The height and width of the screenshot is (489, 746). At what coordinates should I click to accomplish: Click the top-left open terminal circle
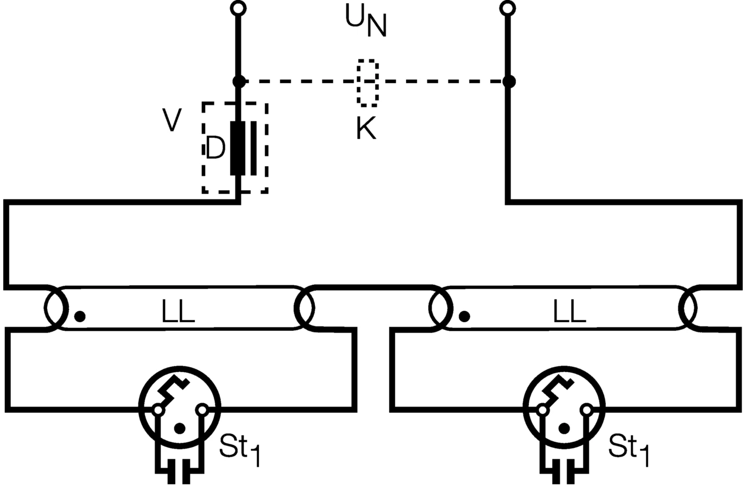click(x=238, y=8)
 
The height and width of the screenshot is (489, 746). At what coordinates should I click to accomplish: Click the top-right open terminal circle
click(x=508, y=8)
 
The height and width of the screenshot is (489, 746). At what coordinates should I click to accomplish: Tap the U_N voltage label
click(x=366, y=21)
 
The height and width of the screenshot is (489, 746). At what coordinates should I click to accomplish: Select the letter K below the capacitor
click(x=366, y=129)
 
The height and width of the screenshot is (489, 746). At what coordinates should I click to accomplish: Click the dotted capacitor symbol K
click(x=368, y=82)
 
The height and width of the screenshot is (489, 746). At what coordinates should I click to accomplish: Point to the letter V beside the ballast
click(x=172, y=120)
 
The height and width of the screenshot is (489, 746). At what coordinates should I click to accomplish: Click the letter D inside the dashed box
click(x=215, y=148)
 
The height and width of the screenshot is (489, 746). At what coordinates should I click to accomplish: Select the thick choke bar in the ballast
click(x=237, y=148)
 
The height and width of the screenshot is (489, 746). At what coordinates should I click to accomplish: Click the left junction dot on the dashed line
click(x=238, y=82)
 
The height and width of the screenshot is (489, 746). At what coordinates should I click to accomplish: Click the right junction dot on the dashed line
click(x=508, y=82)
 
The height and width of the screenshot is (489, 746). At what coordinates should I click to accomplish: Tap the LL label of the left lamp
click(x=178, y=312)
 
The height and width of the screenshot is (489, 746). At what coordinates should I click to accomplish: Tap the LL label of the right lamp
click(x=569, y=312)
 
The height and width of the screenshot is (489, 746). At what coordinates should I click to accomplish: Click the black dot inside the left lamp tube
click(x=80, y=316)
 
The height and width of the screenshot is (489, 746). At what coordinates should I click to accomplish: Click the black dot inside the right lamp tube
click(x=464, y=316)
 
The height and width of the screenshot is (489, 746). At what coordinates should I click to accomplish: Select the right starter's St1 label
click(x=629, y=449)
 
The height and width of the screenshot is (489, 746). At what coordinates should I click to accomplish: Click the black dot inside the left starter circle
click(x=180, y=429)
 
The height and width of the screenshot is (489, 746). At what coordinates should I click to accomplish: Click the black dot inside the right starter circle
click(x=565, y=429)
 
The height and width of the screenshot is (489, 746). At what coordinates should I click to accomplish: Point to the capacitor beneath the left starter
click(x=180, y=472)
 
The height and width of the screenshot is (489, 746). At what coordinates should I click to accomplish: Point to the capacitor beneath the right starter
click(x=564, y=472)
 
